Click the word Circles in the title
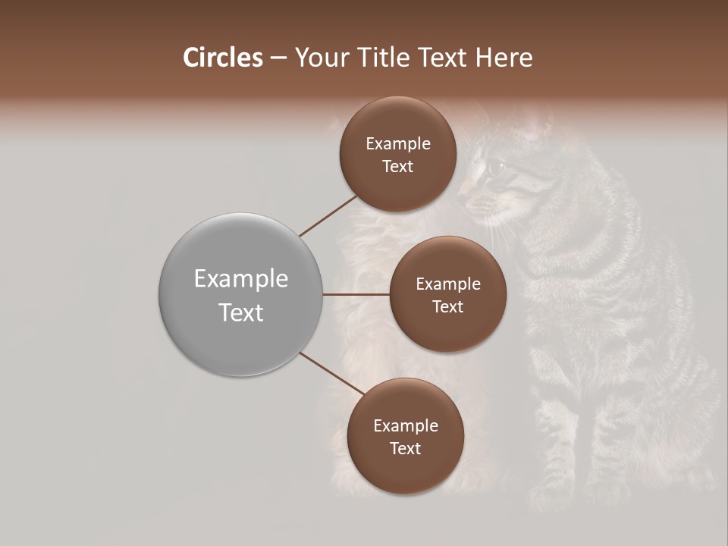[222, 58]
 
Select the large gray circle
[241, 294]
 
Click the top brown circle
[397, 154]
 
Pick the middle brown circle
[447, 294]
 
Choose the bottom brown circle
[405, 436]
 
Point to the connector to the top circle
[328, 215]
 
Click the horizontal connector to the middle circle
[356, 294]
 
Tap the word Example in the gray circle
[241, 279]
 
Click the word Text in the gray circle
[241, 312]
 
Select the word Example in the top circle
[397, 143]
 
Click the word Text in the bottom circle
[405, 448]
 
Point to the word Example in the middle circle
[447, 284]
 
